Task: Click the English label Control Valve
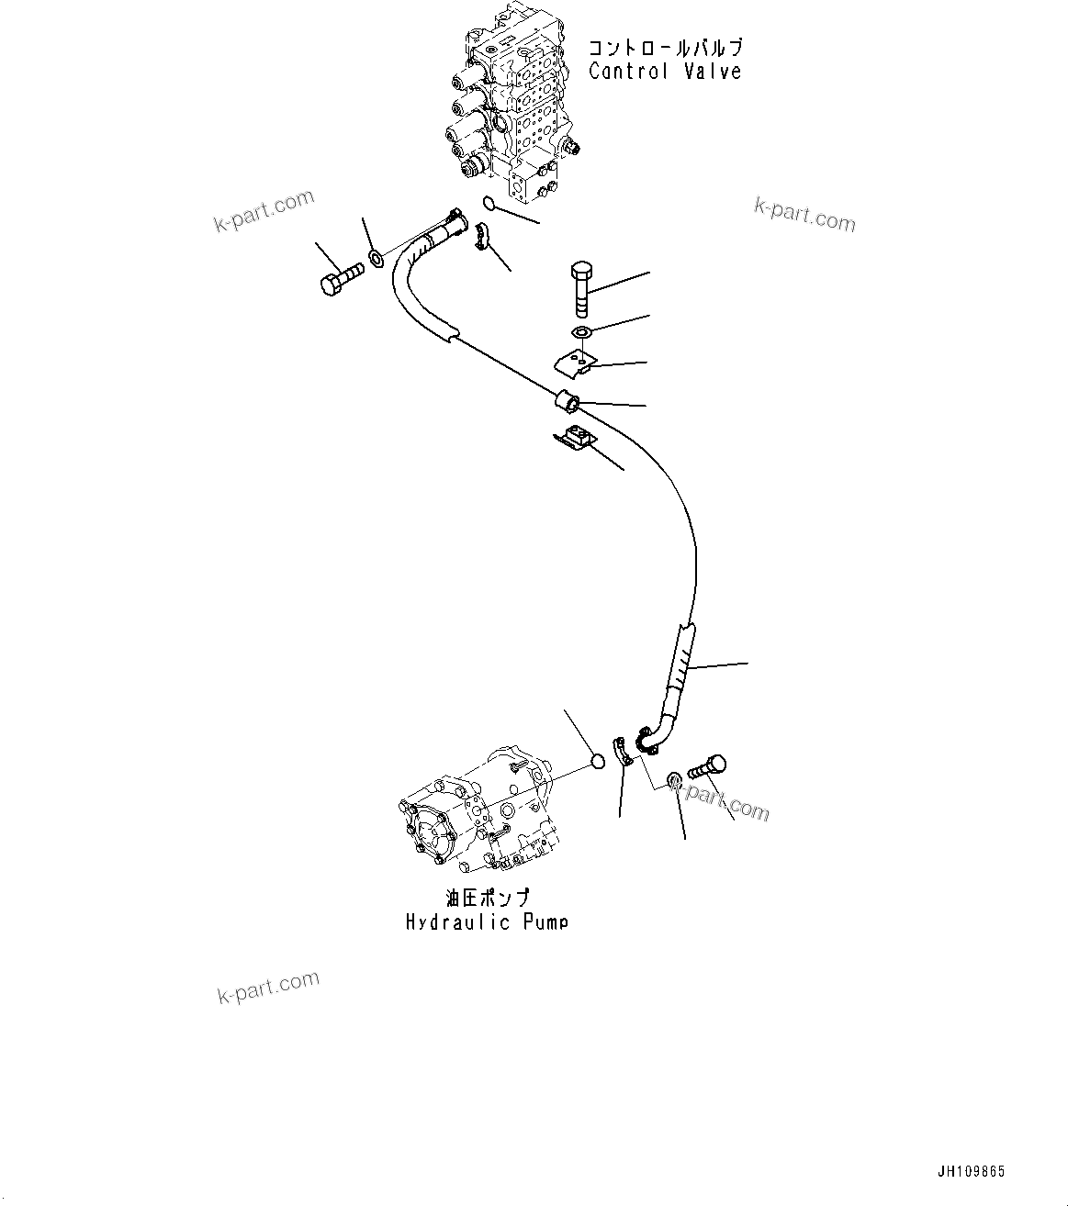point(664,72)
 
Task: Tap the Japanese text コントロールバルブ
point(665,47)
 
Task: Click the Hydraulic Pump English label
point(487,921)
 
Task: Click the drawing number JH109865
point(971,1171)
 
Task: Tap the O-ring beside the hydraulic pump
point(596,761)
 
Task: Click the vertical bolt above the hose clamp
point(581,287)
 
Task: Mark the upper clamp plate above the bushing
point(577,364)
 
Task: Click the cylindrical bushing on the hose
point(566,402)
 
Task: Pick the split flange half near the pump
point(623,750)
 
